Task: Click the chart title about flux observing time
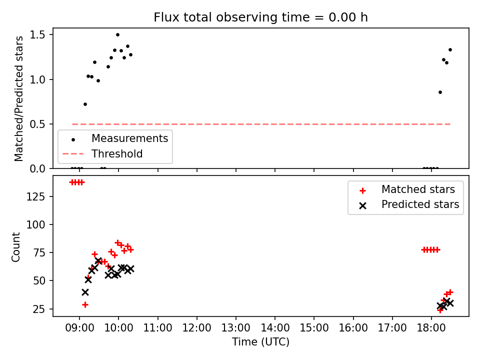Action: pyautogui.click(x=260, y=17)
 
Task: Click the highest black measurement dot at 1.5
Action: pyautogui.click(x=117, y=35)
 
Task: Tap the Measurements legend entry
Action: pyautogui.click(x=115, y=138)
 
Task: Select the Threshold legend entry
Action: pyautogui.click(x=102, y=153)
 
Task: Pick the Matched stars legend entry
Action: pyautogui.click(x=407, y=190)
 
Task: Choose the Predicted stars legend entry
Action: pyautogui.click(x=409, y=204)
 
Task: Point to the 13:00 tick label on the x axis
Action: pyautogui.click(x=235, y=328)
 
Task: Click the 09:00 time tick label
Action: pyautogui.click(x=79, y=328)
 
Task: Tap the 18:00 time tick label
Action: pyautogui.click(x=431, y=328)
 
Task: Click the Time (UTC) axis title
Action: pyautogui.click(x=260, y=342)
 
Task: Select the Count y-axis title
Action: pyautogui.click(x=15, y=247)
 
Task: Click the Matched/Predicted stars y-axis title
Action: pyautogui.click(x=18, y=98)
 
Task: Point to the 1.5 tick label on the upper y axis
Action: pyautogui.click(x=37, y=35)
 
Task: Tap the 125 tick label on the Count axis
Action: pyautogui.click(x=35, y=196)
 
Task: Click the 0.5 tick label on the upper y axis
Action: pyautogui.click(x=37, y=124)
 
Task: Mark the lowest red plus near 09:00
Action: pyautogui.click(x=85, y=304)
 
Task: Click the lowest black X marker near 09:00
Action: pyautogui.click(x=85, y=292)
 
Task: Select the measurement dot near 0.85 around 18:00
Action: pyautogui.click(x=440, y=92)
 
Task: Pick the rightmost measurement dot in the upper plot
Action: pyautogui.click(x=450, y=50)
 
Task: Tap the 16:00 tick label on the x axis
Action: pyautogui.click(x=353, y=328)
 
